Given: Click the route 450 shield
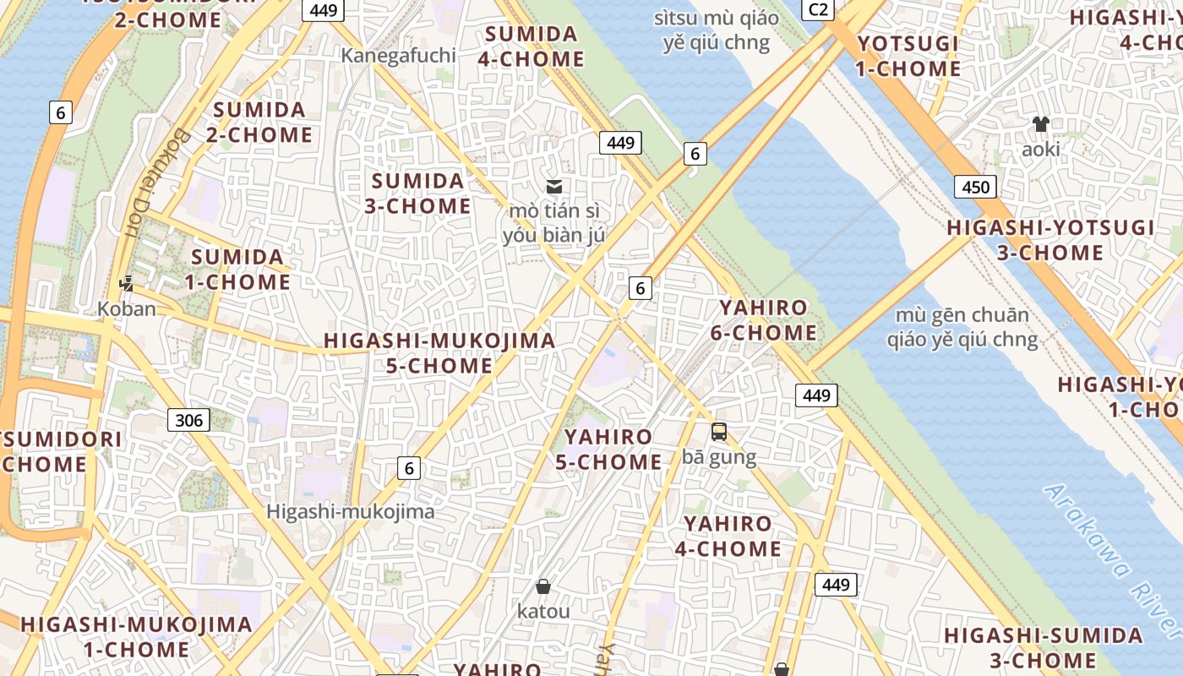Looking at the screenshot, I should tap(975, 187).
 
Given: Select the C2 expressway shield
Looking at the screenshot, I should tap(818, 9).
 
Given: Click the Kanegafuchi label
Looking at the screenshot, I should tap(398, 56).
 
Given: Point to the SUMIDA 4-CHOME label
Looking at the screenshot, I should tap(532, 46).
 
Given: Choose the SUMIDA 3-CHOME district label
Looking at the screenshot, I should tap(417, 194).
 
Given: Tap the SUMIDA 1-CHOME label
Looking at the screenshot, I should tap(237, 270).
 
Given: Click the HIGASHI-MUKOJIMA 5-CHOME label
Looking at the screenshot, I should tap(439, 353).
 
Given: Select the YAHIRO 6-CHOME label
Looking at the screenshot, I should tap(763, 320).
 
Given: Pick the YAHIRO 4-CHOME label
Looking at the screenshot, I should tap(728, 537).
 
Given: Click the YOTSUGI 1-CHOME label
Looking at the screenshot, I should tap(908, 56).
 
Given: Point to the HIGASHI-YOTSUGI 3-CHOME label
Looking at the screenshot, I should tap(1050, 240).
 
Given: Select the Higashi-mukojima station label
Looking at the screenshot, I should tap(351, 511).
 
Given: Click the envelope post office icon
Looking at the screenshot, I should tap(554, 187).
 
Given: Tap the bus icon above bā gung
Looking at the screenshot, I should tap(719, 432).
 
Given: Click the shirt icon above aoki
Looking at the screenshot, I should tap(1040, 124).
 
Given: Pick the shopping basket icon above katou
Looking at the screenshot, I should tap(543, 586).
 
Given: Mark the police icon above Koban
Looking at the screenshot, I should tap(127, 284).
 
